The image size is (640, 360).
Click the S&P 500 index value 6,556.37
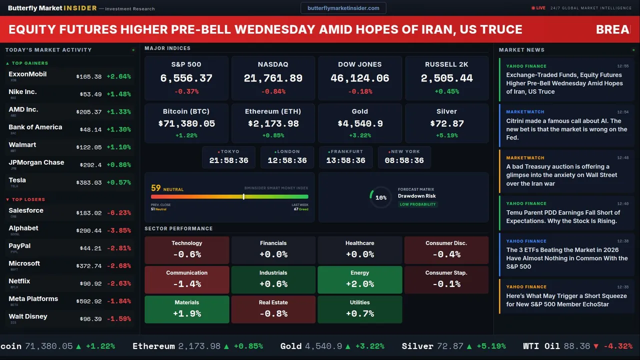[186, 78]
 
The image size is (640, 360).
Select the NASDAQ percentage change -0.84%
[273, 91]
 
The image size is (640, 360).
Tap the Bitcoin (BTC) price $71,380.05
[186, 123]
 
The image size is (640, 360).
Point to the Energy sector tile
[359, 279]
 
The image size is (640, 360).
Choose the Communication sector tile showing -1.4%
[186, 279]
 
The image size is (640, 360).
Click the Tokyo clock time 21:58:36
[228, 160]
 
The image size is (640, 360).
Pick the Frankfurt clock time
[345, 160]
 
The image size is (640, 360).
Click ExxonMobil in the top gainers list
[27, 74]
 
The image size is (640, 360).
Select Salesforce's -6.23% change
[119, 213]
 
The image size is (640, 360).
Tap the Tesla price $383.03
[89, 183]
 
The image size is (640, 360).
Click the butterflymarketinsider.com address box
[343, 8]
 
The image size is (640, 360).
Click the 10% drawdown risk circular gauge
[380, 197]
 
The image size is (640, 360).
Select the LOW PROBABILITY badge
[417, 204]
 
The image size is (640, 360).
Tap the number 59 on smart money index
[156, 188]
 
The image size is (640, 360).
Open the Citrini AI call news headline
[566, 129]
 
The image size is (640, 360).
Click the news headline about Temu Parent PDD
[563, 216]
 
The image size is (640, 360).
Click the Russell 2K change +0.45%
[446, 91]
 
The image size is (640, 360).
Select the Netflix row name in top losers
[19, 281]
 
